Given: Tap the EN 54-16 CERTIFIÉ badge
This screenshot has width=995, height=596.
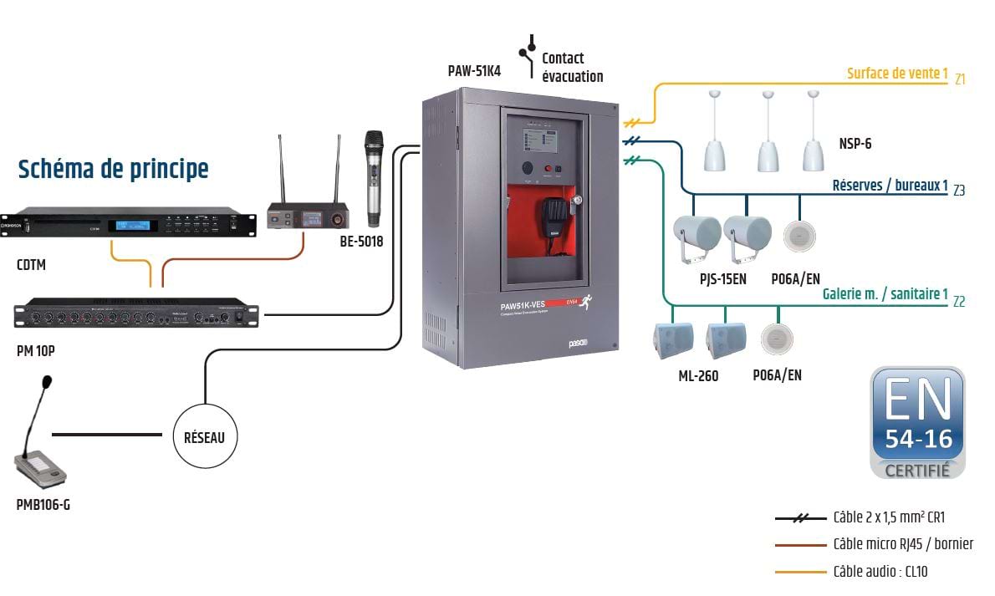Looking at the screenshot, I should pos(918,422).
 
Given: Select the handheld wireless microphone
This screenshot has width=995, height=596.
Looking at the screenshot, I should pos(373,178).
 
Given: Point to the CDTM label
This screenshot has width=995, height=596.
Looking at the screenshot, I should pos(32,266).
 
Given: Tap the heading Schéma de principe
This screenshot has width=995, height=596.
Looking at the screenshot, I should pos(113,169).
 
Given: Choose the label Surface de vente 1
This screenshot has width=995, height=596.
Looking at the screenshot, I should pos(897,74).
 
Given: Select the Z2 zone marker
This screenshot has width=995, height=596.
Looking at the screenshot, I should pos(959,302).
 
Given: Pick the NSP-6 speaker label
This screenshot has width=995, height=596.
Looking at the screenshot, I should pos(855,144).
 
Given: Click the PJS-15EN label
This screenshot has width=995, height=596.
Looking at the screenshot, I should pos(722,279).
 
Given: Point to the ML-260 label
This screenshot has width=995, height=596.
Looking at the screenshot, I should pos(698,376).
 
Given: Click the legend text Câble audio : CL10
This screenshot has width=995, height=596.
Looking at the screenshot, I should pos(880,572).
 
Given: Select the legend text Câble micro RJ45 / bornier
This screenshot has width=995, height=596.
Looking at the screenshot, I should pos(903,544).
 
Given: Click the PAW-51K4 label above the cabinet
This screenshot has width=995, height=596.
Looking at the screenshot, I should pos(474,71).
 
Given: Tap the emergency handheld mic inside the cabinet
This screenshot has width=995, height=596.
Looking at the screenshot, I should pos(551,219).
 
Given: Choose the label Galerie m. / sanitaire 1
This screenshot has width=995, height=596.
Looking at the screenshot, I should pos(885,294).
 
